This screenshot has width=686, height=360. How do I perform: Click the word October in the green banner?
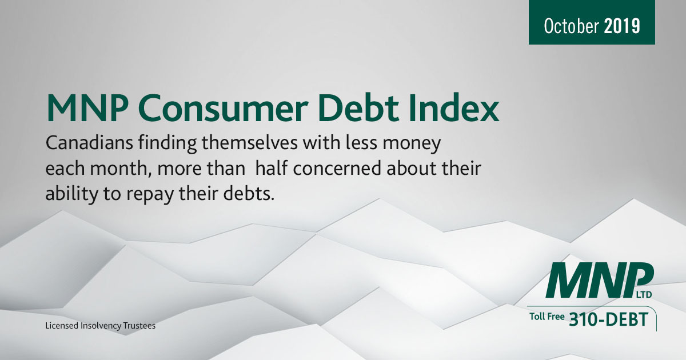[571, 26]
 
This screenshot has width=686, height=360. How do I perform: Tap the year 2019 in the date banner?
[622, 26]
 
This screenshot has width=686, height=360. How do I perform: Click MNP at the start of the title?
[87, 108]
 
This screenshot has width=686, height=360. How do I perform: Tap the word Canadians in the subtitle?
[89, 143]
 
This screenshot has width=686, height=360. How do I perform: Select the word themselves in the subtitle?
[250, 143]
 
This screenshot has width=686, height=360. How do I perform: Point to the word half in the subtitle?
[272, 168]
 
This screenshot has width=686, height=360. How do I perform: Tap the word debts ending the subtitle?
[249, 193]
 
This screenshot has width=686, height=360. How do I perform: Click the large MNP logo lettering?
[599, 280]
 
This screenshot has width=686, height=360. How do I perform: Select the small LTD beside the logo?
[644, 294]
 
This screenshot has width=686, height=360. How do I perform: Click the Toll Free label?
[547, 317]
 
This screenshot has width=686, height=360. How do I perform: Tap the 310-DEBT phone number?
[608, 319]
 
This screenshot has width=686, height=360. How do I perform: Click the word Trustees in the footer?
[139, 325]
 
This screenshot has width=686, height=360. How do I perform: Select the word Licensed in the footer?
[62, 325]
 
